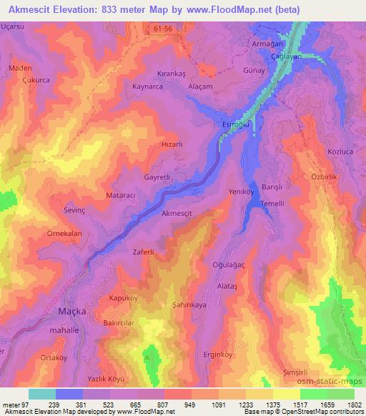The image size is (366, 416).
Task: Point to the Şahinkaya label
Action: pos(189,304)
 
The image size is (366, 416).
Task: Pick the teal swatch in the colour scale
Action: pos(42,394)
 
